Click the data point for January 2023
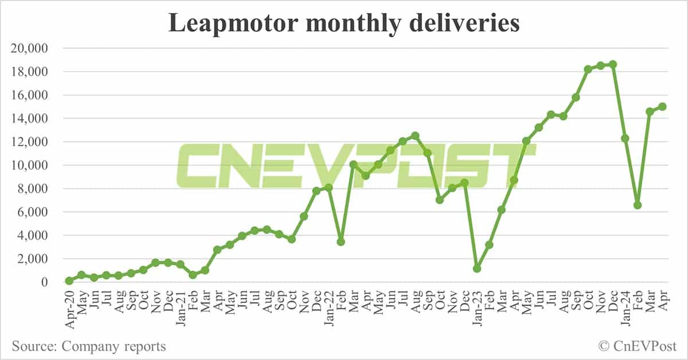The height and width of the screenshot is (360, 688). coord(477,268)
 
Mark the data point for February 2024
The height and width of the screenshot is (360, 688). coord(638,205)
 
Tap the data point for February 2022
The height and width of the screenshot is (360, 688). coord(341,241)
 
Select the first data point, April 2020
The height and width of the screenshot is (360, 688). coord(69,281)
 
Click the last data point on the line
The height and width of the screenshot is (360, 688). coord(662,107)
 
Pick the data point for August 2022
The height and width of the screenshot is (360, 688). coord(415,136)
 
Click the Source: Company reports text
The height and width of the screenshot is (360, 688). coord(89,346)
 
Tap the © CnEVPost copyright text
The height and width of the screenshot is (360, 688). coord(637,346)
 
